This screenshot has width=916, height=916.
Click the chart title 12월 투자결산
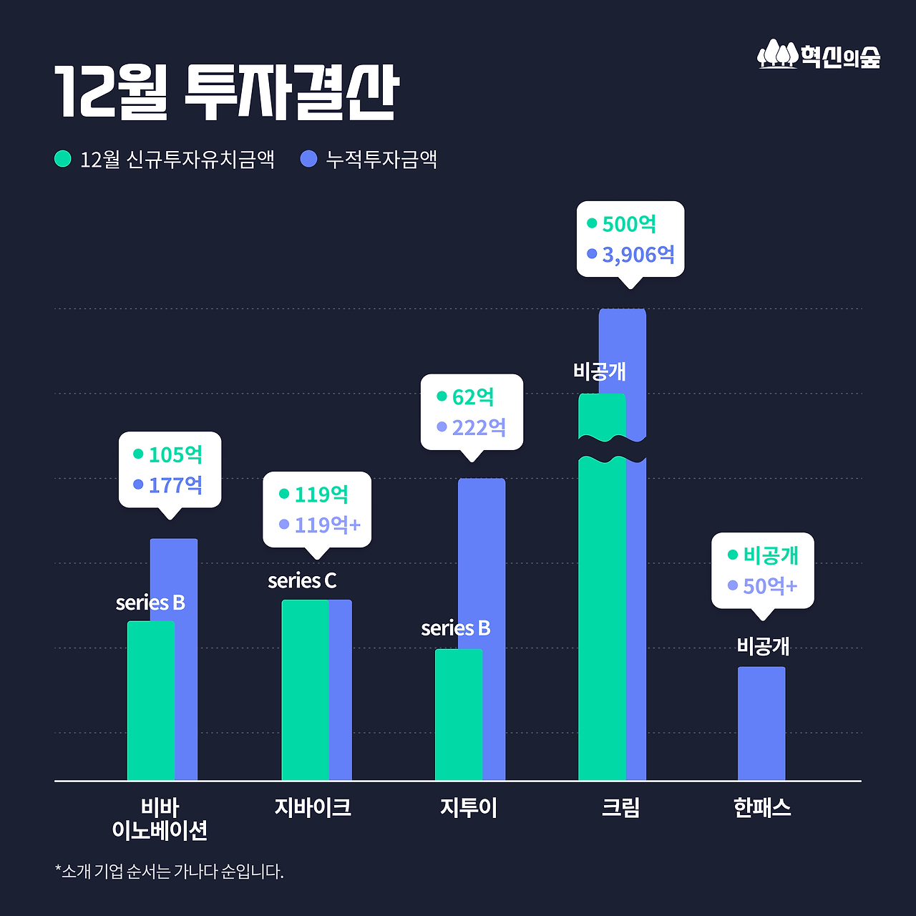226,93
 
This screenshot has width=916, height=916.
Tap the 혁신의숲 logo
819,55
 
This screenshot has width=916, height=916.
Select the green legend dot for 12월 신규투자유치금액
63,158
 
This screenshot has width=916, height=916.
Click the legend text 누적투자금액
381,159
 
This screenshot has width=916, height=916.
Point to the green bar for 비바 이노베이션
150,701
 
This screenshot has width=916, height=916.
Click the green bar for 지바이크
305,691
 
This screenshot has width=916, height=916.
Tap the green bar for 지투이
458,716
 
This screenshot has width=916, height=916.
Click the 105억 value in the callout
175,454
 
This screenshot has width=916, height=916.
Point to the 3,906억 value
638,254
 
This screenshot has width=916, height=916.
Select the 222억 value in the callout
479,427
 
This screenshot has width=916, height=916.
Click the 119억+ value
327,525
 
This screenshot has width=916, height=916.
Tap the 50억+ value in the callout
769,586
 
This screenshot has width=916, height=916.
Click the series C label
302,580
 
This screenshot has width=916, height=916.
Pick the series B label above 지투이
456,628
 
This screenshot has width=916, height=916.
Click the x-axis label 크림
620,807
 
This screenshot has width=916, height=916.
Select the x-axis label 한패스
762,807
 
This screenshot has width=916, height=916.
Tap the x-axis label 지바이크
313,807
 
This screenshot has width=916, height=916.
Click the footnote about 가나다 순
170,872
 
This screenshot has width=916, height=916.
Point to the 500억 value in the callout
629,224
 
